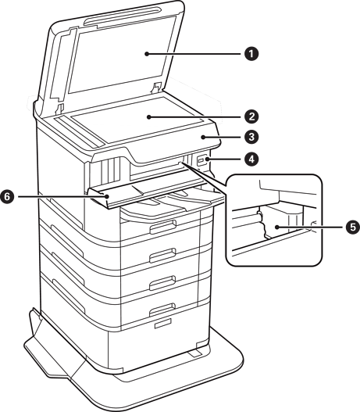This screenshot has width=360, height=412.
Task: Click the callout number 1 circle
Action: point(251,54)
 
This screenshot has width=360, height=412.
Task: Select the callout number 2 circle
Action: point(251,116)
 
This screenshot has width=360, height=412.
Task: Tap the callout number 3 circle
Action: point(251,137)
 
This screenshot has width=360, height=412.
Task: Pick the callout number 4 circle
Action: point(251,159)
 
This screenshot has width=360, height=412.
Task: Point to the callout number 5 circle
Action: point(352,227)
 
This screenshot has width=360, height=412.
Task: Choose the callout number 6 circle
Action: point(7,196)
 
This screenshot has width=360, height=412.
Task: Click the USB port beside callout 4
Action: point(201,160)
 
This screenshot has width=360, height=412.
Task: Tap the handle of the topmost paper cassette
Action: point(162,226)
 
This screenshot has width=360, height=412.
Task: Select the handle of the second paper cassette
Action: point(162,255)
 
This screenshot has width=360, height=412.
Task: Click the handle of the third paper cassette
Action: point(162,282)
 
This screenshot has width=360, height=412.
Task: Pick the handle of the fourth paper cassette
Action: point(162,310)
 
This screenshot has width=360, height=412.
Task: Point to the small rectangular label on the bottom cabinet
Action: point(162,323)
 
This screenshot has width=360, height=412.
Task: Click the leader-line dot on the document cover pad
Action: point(147,54)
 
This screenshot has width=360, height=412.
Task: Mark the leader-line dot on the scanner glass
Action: point(149,116)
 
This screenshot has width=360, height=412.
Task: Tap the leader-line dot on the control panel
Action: point(203,137)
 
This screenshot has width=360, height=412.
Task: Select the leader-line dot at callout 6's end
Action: point(107,196)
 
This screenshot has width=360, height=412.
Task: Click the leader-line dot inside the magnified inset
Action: point(277,227)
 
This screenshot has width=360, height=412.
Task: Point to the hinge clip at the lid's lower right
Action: point(157,88)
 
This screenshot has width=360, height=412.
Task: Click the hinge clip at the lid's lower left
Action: point(60,108)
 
